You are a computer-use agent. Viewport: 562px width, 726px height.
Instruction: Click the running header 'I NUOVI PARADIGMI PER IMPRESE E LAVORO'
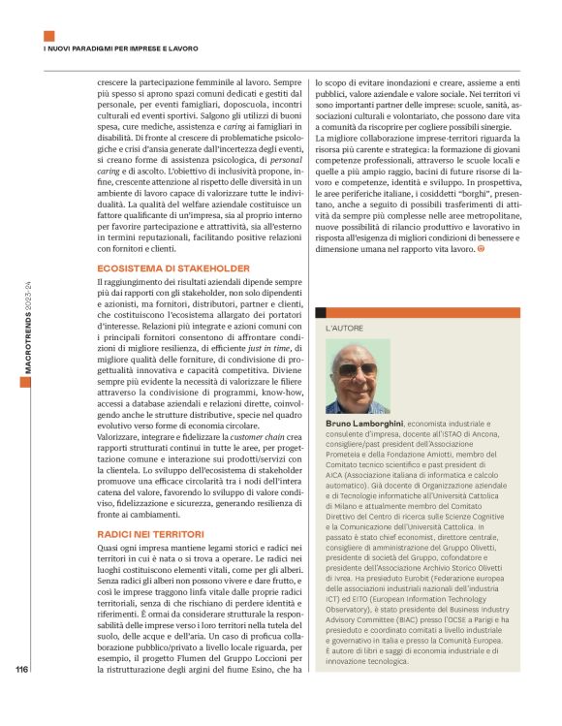(x=121, y=48)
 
